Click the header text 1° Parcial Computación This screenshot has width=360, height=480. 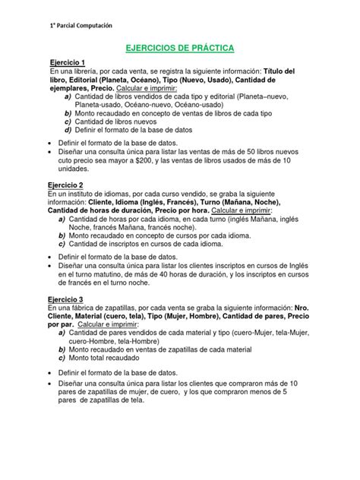75,26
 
